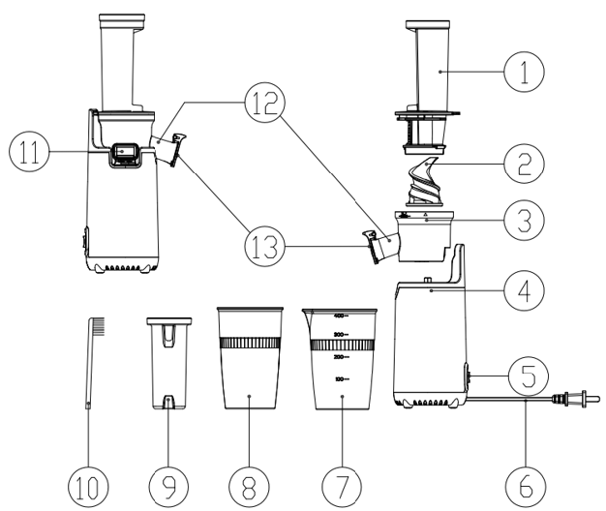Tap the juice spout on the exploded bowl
(x=375, y=247)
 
